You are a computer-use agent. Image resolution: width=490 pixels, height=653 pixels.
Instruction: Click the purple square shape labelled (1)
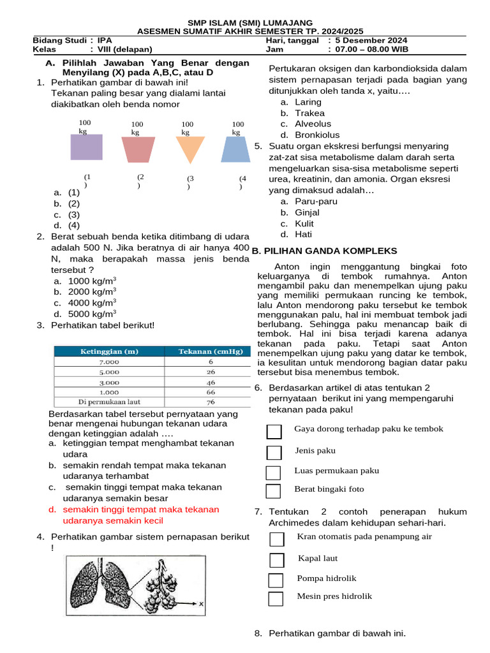(x=86, y=147)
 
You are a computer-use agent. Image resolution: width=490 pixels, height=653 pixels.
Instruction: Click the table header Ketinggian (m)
(x=108, y=351)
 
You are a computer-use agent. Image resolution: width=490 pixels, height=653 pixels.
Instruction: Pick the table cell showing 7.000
(x=108, y=362)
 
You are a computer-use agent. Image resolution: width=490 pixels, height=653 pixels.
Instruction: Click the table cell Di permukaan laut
(x=108, y=402)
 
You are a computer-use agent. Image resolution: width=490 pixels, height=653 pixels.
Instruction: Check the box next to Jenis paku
(x=274, y=452)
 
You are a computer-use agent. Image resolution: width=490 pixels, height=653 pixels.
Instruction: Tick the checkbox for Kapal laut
(x=276, y=560)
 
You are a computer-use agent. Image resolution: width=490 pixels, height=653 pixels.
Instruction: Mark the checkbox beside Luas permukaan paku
(x=273, y=473)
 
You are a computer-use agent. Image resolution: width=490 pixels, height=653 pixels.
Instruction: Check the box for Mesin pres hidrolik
(x=276, y=599)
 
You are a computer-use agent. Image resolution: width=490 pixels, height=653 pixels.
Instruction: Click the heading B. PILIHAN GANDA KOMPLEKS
(x=325, y=251)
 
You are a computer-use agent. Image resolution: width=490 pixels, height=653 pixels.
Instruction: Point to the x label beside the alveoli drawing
(x=200, y=603)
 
